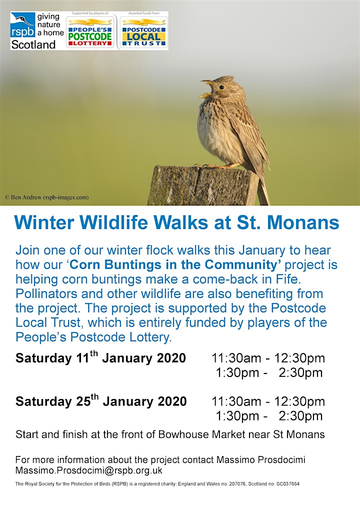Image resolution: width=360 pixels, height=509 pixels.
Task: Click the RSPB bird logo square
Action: click(x=22, y=25)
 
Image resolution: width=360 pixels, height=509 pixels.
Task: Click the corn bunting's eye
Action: click(x=221, y=87)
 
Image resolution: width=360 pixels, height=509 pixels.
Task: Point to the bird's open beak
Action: click(x=206, y=88)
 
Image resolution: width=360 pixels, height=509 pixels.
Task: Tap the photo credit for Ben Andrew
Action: click(x=46, y=197)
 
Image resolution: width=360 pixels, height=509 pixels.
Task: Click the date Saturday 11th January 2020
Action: click(x=100, y=357)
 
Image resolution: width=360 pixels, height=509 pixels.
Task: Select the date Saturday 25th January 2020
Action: click(x=101, y=400)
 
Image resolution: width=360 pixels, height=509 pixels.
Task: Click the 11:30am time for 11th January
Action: click(x=236, y=358)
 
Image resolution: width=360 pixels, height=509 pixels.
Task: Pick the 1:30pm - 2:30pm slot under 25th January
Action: click(x=269, y=416)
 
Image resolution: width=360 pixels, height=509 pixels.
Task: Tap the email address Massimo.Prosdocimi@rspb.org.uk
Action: click(x=89, y=470)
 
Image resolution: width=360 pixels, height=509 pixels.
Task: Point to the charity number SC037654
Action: click(x=287, y=483)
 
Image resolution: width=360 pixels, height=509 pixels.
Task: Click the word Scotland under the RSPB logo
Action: click(x=33, y=44)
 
